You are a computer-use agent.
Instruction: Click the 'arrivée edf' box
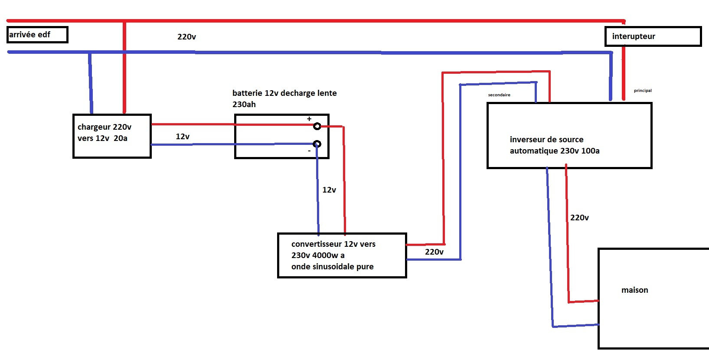(x=37, y=35)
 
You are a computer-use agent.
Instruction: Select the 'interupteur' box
(x=653, y=36)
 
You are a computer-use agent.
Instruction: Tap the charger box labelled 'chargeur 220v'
(x=112, y=136)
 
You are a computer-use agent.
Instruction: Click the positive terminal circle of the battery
(x=317, y=126)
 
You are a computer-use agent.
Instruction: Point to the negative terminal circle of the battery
(x=317, y=144)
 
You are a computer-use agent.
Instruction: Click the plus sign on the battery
(x=309, y=119)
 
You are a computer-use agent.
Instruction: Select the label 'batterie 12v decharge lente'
(x=284, y=93)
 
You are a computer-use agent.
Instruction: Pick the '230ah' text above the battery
(x=244, y=104)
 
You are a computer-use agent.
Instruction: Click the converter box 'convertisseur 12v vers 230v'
(x=342, y=255)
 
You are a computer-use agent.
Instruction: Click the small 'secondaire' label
(x=499, y=95)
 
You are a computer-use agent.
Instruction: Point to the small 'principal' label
(x=643, y=91)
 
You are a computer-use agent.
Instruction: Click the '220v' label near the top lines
(x=186, y=37)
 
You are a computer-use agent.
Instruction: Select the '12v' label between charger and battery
(x=183, y=137)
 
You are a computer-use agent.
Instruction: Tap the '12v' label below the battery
(x=329, y=190)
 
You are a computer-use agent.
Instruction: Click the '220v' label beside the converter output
(x=434, y=252)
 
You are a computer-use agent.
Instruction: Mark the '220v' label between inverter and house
(x=579, y=218)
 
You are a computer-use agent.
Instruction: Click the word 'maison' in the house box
(x=634, y=290)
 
